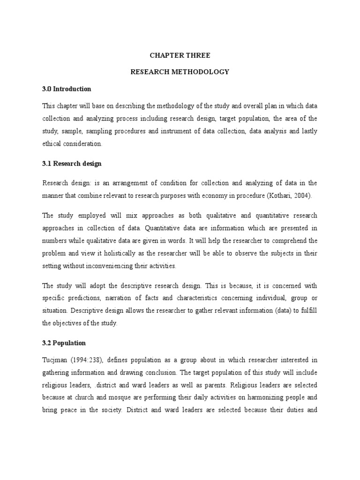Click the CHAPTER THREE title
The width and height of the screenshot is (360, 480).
coord(180,55)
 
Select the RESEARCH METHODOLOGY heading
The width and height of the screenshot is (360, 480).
coord(180,72)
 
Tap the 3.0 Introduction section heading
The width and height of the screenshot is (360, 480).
coord(67,89)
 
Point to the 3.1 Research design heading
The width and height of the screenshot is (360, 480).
coord(72,164)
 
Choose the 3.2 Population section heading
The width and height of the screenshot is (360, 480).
coord(64,343)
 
